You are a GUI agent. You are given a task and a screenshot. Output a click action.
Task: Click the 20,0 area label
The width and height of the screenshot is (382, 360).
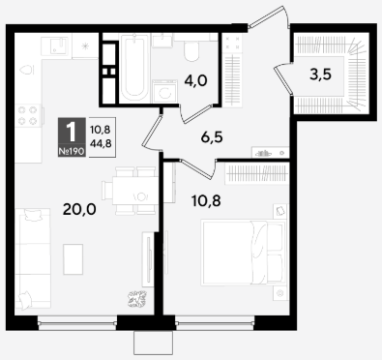point(79,210)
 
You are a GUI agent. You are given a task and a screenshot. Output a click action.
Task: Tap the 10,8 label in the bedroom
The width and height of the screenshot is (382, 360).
point(206,201)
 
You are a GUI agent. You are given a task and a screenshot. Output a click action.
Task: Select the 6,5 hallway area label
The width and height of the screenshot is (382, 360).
point(212,137)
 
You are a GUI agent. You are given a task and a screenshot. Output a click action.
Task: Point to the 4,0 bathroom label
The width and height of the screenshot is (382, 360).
point(195,80)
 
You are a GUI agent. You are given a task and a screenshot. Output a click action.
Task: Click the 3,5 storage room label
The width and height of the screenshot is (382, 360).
point(320,75)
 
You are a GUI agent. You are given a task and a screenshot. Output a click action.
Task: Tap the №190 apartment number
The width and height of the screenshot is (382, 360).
point(72,151)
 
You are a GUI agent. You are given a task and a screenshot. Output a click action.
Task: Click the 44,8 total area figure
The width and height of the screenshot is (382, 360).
point(101,143)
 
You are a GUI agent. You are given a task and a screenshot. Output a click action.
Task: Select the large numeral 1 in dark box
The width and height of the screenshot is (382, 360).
point(71,133)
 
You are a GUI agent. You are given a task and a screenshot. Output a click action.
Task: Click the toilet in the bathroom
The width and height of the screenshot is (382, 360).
point(191,51)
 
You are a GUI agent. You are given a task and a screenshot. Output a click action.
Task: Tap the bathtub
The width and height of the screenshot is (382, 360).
point(133,67)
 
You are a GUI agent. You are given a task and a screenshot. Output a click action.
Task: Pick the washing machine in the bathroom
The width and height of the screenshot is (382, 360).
point(164,91)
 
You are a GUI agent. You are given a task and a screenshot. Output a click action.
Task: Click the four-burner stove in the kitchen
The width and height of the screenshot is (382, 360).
point(28,115)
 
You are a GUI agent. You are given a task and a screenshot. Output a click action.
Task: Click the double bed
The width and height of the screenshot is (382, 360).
point(243,253)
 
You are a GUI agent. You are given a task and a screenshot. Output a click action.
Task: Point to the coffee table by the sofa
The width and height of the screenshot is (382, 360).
point(73,259)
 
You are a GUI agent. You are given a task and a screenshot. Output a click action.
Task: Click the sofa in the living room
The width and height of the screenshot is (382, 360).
point(33,258)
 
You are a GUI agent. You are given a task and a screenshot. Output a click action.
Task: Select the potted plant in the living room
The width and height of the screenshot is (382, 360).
point(137,299)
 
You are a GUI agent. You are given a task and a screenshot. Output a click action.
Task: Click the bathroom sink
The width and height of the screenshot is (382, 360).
point(162,41)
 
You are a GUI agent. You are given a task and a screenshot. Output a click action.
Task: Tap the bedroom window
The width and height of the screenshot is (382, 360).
point(215,322)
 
